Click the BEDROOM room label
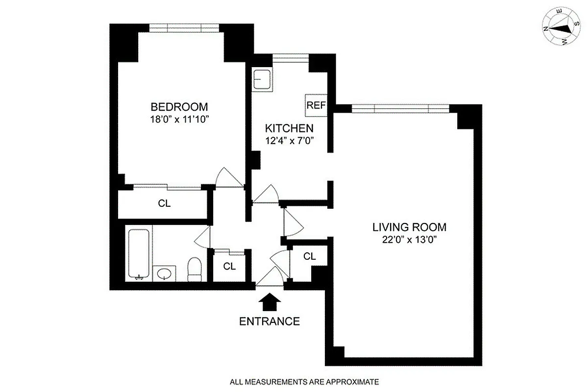[179, 107]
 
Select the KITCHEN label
[289, 128]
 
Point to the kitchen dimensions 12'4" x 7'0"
[289, 141]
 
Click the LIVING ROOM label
[409, 227]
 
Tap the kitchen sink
[263, 79]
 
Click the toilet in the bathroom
[195, 269]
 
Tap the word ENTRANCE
[269, 321]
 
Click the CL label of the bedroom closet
[165, 204]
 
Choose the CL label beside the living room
[309, 256]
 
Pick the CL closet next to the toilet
[229, 267]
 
